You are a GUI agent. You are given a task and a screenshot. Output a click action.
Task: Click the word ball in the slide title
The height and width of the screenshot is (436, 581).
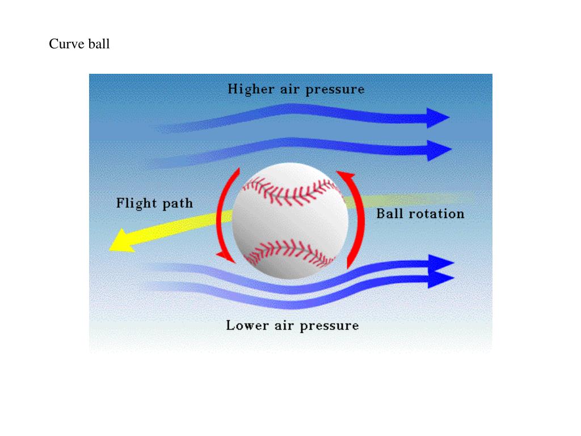point(99,44)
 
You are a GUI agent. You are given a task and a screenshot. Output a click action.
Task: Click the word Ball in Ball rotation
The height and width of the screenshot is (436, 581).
point(389,213)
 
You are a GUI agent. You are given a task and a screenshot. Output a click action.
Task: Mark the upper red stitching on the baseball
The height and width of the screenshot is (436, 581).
point(289,190)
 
